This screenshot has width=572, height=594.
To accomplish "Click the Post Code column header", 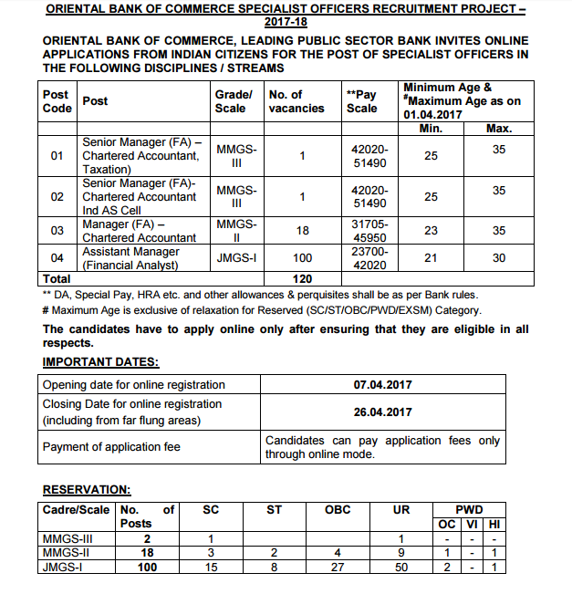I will [57, 101].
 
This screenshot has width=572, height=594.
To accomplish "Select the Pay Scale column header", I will [361, 101].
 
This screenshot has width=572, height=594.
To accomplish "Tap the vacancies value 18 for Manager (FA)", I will [302, 231].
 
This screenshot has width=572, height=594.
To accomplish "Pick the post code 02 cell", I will [57, 196].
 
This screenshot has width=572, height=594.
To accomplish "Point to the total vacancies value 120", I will [302, 277].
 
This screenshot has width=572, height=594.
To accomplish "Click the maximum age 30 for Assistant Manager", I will [498, 258].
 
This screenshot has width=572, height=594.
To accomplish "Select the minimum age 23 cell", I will [431, 231].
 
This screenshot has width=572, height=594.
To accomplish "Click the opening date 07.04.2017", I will [382, 385].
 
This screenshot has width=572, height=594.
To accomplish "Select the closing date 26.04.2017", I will [382, 412].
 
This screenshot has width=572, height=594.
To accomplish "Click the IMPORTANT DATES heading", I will [100, 362].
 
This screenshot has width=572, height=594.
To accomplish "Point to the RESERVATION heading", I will [86, 490].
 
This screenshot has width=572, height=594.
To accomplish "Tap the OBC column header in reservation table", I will [338, 510].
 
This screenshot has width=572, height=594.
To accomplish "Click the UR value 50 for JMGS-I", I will [401, 568].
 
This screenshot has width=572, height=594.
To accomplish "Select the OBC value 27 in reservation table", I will [338, 568].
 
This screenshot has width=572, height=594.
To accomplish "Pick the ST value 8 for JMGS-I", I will [274, 568].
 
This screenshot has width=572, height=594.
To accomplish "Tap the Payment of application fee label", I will [111, 446].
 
